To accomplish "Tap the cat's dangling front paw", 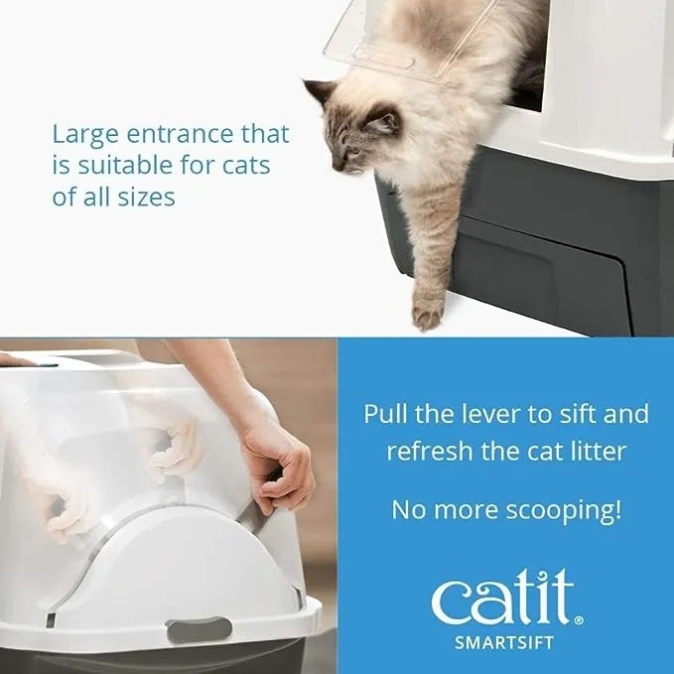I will [x=429, y=311].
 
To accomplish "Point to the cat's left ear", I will [x=320, y=94].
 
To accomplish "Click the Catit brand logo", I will [x=501, y=599].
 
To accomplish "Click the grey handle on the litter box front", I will [x=199, y=628].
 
